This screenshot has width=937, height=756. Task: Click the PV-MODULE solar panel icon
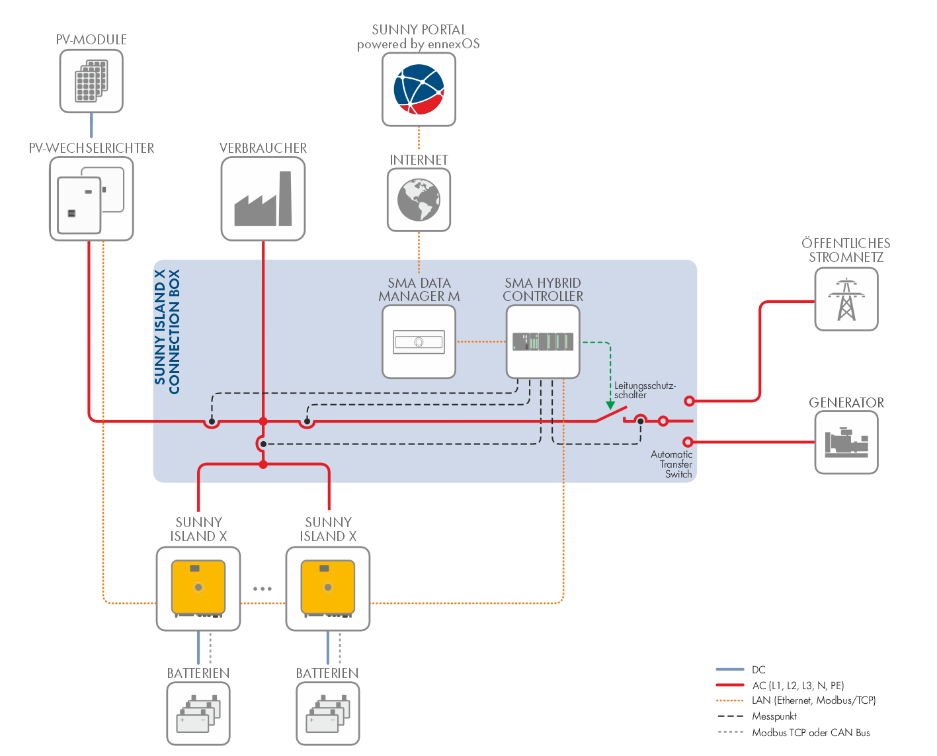[91, 81]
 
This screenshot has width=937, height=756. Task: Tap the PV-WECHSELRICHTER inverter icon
[91, 199]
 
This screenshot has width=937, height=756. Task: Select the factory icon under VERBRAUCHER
[263, 199]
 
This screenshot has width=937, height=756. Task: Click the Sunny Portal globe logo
[419, 89]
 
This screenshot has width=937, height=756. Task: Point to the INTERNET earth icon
[419, 200]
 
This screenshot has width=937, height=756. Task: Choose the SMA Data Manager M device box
[419, 342]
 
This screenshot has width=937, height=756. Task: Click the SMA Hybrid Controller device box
[543, 342]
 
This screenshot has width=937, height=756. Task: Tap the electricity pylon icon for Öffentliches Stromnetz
[846, 300]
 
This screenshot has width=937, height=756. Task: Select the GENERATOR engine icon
[846, 442]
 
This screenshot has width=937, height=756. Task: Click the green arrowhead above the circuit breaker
[610, 404]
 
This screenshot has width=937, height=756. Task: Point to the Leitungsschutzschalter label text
[644, 390]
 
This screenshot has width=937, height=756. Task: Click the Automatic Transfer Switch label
[672, 464]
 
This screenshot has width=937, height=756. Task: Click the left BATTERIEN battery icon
[198, 714]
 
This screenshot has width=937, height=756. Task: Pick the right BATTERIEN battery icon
[328, 714]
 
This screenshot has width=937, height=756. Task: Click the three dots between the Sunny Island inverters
[263, 589]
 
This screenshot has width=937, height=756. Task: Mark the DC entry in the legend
[758, 669]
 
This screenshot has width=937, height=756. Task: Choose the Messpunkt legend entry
[774, 716]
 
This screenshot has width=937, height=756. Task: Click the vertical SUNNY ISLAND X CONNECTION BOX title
[167, 331]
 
